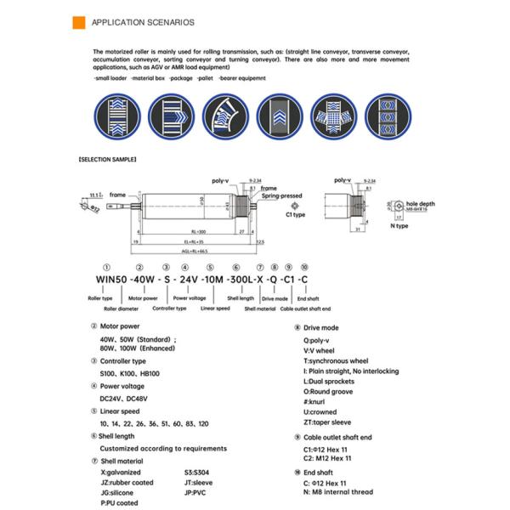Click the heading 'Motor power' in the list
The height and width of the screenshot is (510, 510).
(x=120, y=326)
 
